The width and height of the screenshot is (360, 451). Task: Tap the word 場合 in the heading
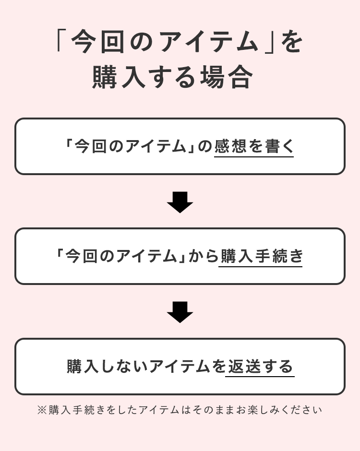[x=234, y=77]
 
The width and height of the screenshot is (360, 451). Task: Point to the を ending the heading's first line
[x=292, y=42]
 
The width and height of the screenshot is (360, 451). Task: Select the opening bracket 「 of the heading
[x=61, y=42]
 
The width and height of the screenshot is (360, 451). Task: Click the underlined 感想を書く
[x=253, y=146]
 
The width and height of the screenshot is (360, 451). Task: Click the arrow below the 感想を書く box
[x=180, y=202]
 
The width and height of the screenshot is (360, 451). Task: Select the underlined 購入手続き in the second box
[x=261, y=256]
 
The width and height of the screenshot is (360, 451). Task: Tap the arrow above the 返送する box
[x=180, y=312]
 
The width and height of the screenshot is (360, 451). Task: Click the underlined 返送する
[x=260, y=367]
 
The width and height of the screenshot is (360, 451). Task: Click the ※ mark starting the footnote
[x=42, y=410]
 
